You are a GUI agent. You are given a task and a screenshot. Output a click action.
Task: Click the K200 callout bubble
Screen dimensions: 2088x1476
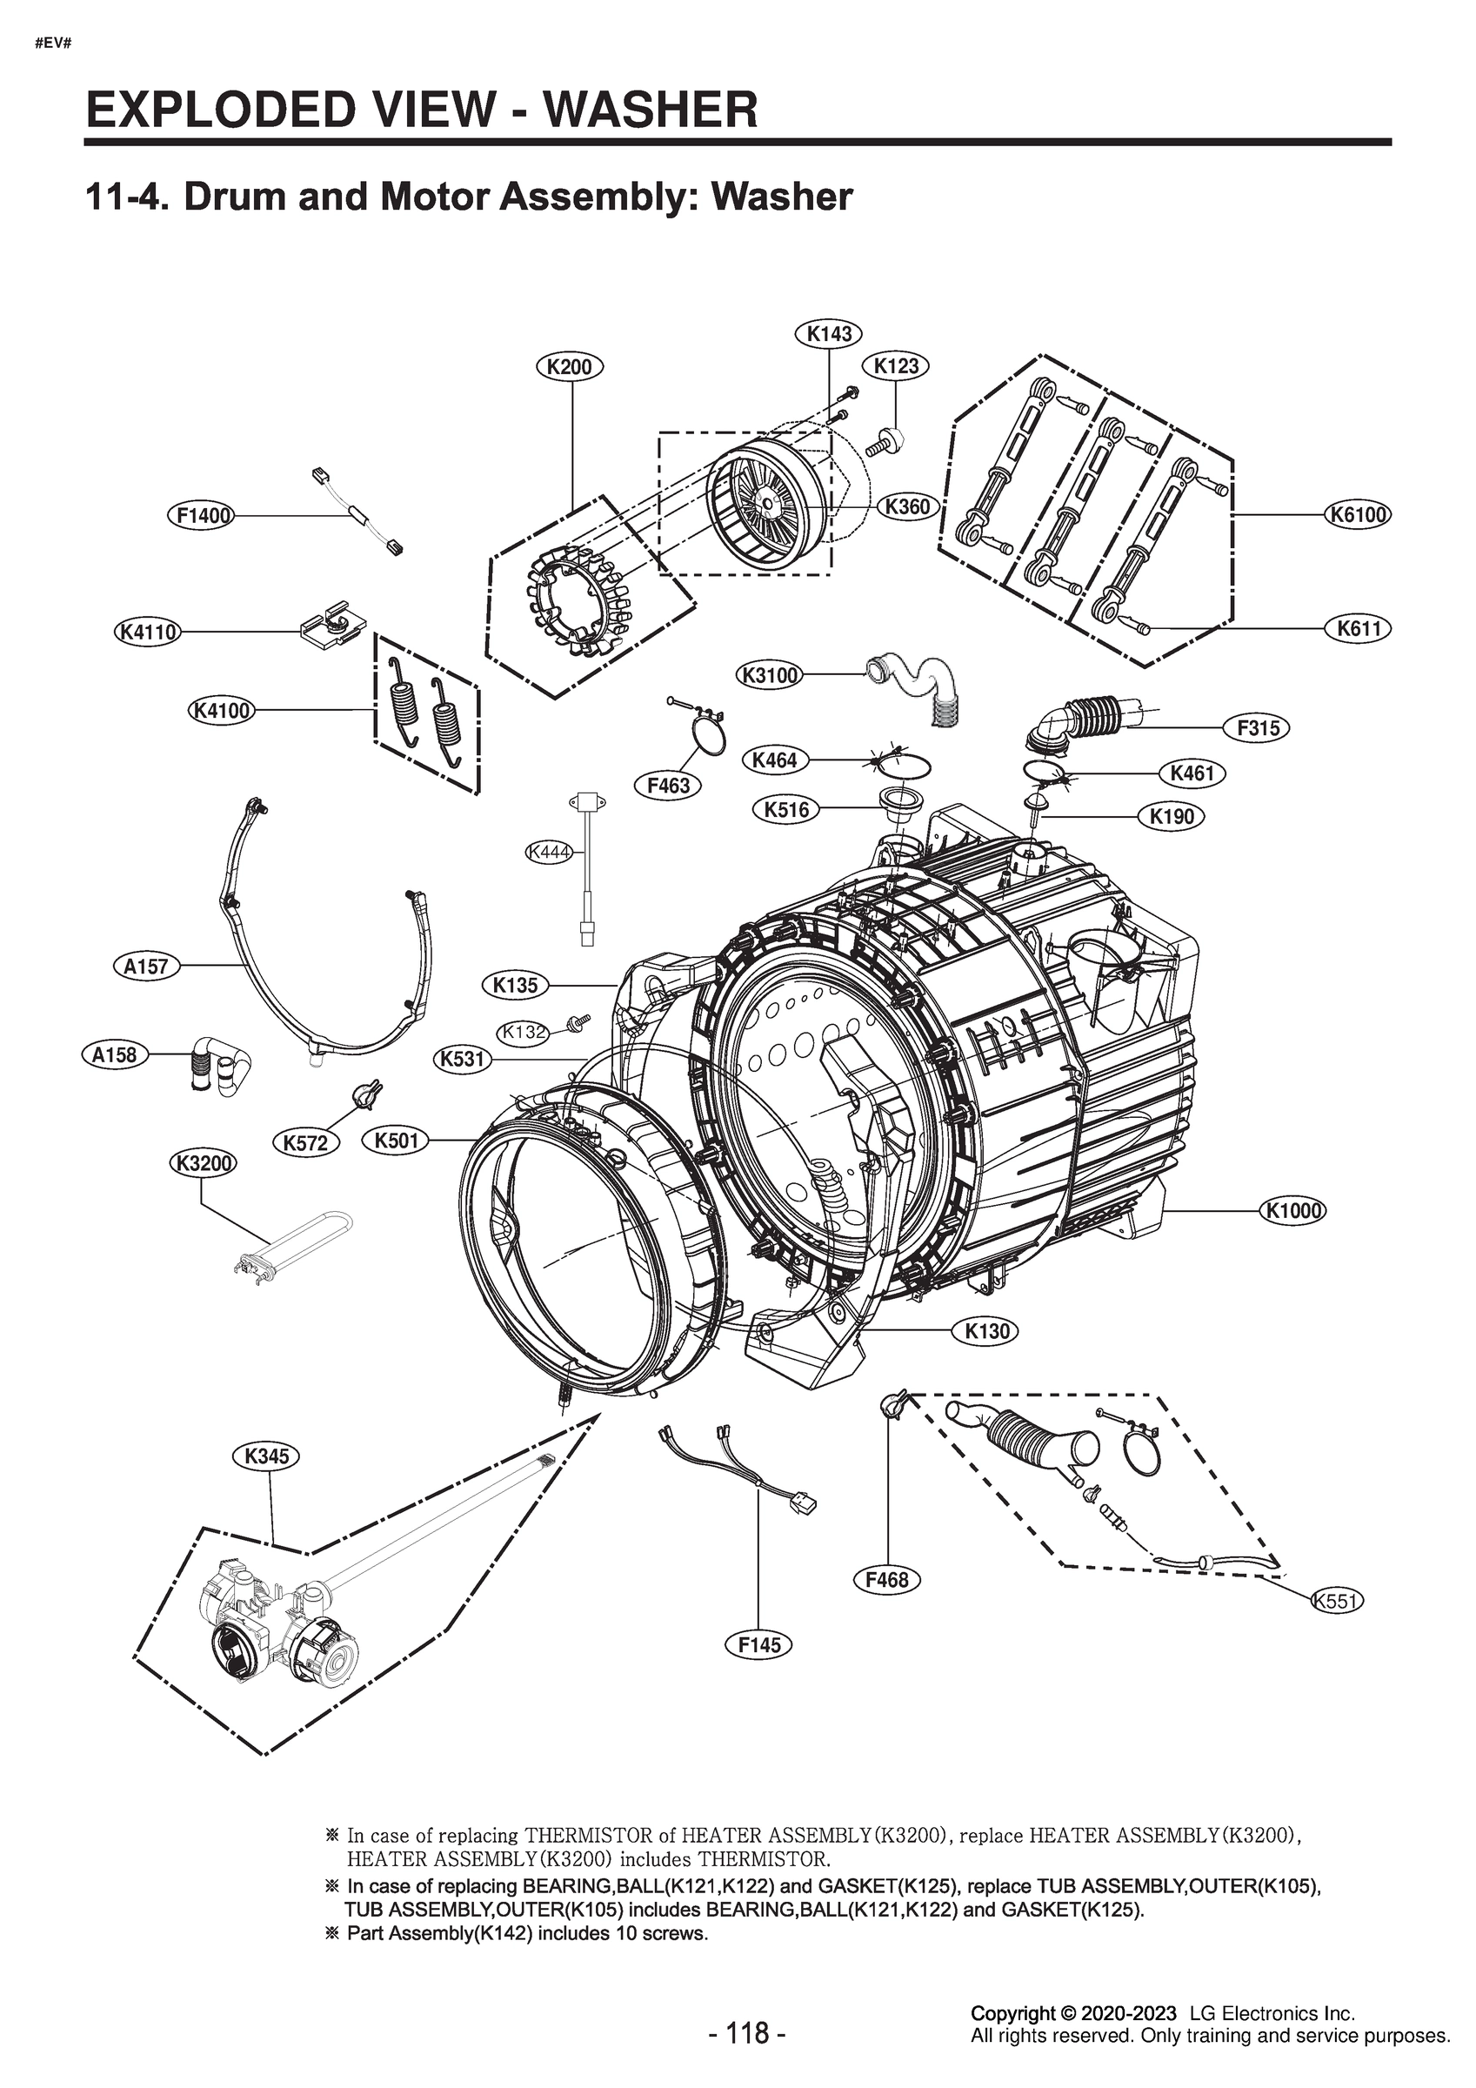571,367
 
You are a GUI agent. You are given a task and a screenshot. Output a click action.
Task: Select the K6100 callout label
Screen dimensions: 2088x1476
1359,515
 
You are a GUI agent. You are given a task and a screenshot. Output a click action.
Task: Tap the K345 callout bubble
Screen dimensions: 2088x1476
267,1456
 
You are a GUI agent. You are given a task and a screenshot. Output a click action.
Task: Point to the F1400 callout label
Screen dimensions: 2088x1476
201,516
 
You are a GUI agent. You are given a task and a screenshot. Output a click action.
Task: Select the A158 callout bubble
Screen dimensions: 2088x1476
115,1055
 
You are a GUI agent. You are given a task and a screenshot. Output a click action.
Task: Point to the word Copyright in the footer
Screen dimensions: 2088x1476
1012,2038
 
